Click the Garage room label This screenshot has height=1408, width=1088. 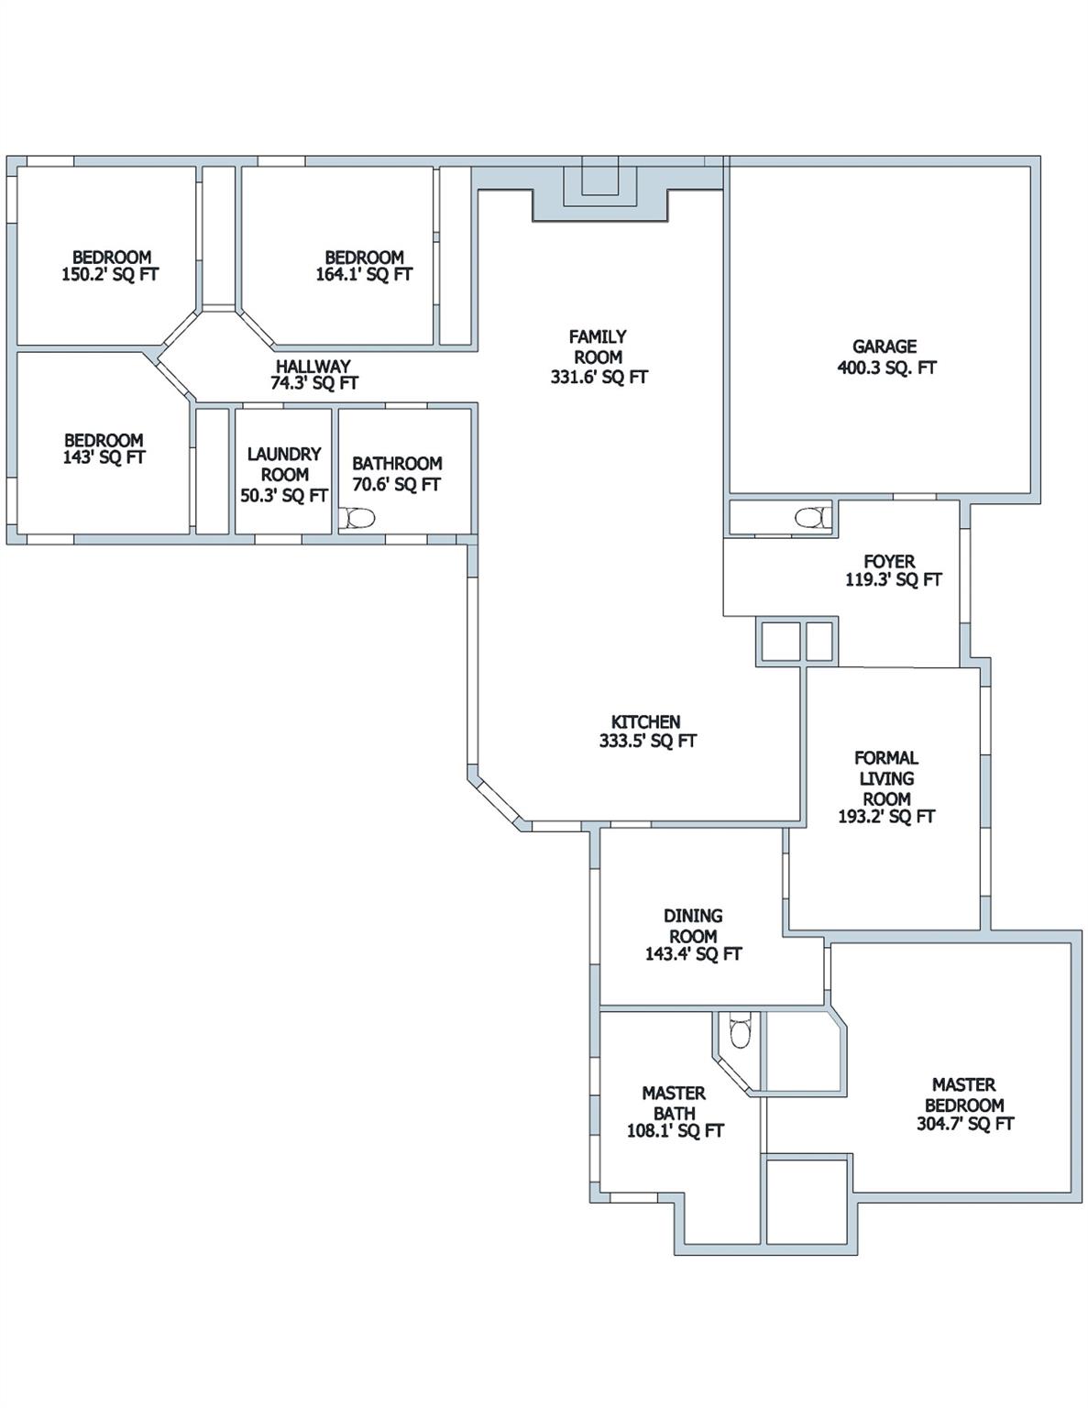(884, 346)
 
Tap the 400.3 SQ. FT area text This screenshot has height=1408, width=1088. (886, 368)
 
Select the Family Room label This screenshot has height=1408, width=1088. (598, 346)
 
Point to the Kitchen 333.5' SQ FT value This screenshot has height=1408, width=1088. (647, 742)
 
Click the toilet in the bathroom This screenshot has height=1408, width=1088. (358, 520)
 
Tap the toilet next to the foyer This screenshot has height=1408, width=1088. (812, 518)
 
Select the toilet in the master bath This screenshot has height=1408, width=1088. (738, 1031)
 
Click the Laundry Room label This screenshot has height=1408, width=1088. (284, 464)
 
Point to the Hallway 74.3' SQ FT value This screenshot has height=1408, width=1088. (313, 383)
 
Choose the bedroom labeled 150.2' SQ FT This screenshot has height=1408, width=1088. (111, 266)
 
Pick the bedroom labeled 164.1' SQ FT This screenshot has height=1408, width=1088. (364, 266)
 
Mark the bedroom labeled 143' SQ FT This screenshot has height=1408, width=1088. (104, 448)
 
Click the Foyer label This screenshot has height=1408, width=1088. (889, 561)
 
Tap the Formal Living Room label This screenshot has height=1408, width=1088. (886, 777)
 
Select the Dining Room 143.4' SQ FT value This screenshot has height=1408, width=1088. (693, 954)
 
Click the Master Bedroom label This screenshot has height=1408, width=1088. (964, 1094)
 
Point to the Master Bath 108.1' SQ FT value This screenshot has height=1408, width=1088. (675, 1131)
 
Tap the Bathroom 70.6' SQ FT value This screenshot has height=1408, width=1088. (397, 484)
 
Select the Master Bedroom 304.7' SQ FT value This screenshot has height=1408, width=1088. (965, 1124)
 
